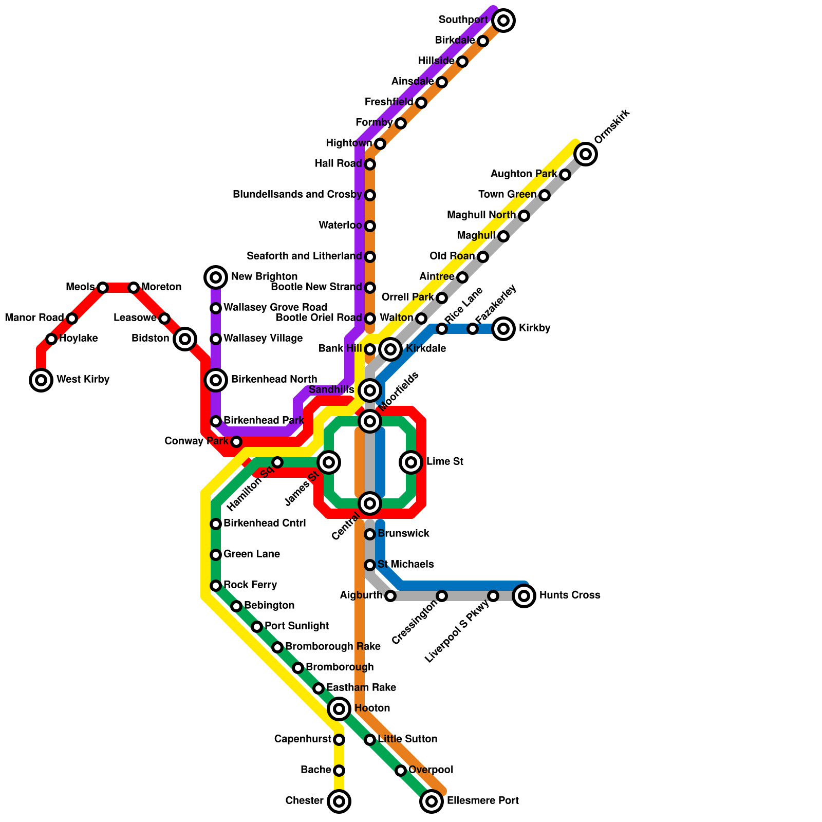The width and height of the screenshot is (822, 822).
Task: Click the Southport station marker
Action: tap(503, 21)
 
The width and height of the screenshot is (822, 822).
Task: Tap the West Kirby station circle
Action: tap(41, 380)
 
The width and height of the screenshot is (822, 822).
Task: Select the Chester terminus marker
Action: tap(339, 801)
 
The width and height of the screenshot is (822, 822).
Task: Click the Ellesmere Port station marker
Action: tap(432, 801)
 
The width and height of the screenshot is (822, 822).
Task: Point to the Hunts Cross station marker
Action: tap(524, 596)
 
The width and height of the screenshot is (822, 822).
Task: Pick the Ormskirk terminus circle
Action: tap(586, 154)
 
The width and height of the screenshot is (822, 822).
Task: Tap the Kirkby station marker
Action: tap(503, 329)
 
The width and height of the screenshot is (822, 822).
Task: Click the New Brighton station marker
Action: tap(216, 277)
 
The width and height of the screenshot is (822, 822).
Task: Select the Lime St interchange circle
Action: tap(411, 462)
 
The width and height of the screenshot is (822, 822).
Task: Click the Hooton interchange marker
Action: tap(339, 709)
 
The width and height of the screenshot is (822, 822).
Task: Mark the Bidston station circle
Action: tap(185, 339)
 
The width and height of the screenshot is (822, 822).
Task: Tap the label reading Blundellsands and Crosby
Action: tap(297, 195)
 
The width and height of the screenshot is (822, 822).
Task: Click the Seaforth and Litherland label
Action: tap(304, 256)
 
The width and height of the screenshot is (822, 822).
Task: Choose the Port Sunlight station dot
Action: tap(257, 627)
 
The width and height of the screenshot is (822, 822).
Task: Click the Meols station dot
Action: tap(103, 288)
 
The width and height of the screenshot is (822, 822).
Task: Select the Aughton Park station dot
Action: tap(565, 175)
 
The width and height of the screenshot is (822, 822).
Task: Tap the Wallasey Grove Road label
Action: tap(275, 308)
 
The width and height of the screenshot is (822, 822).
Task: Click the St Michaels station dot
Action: tap(370, 565)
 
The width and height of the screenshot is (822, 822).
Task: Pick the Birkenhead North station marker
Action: tap(216, 380)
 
